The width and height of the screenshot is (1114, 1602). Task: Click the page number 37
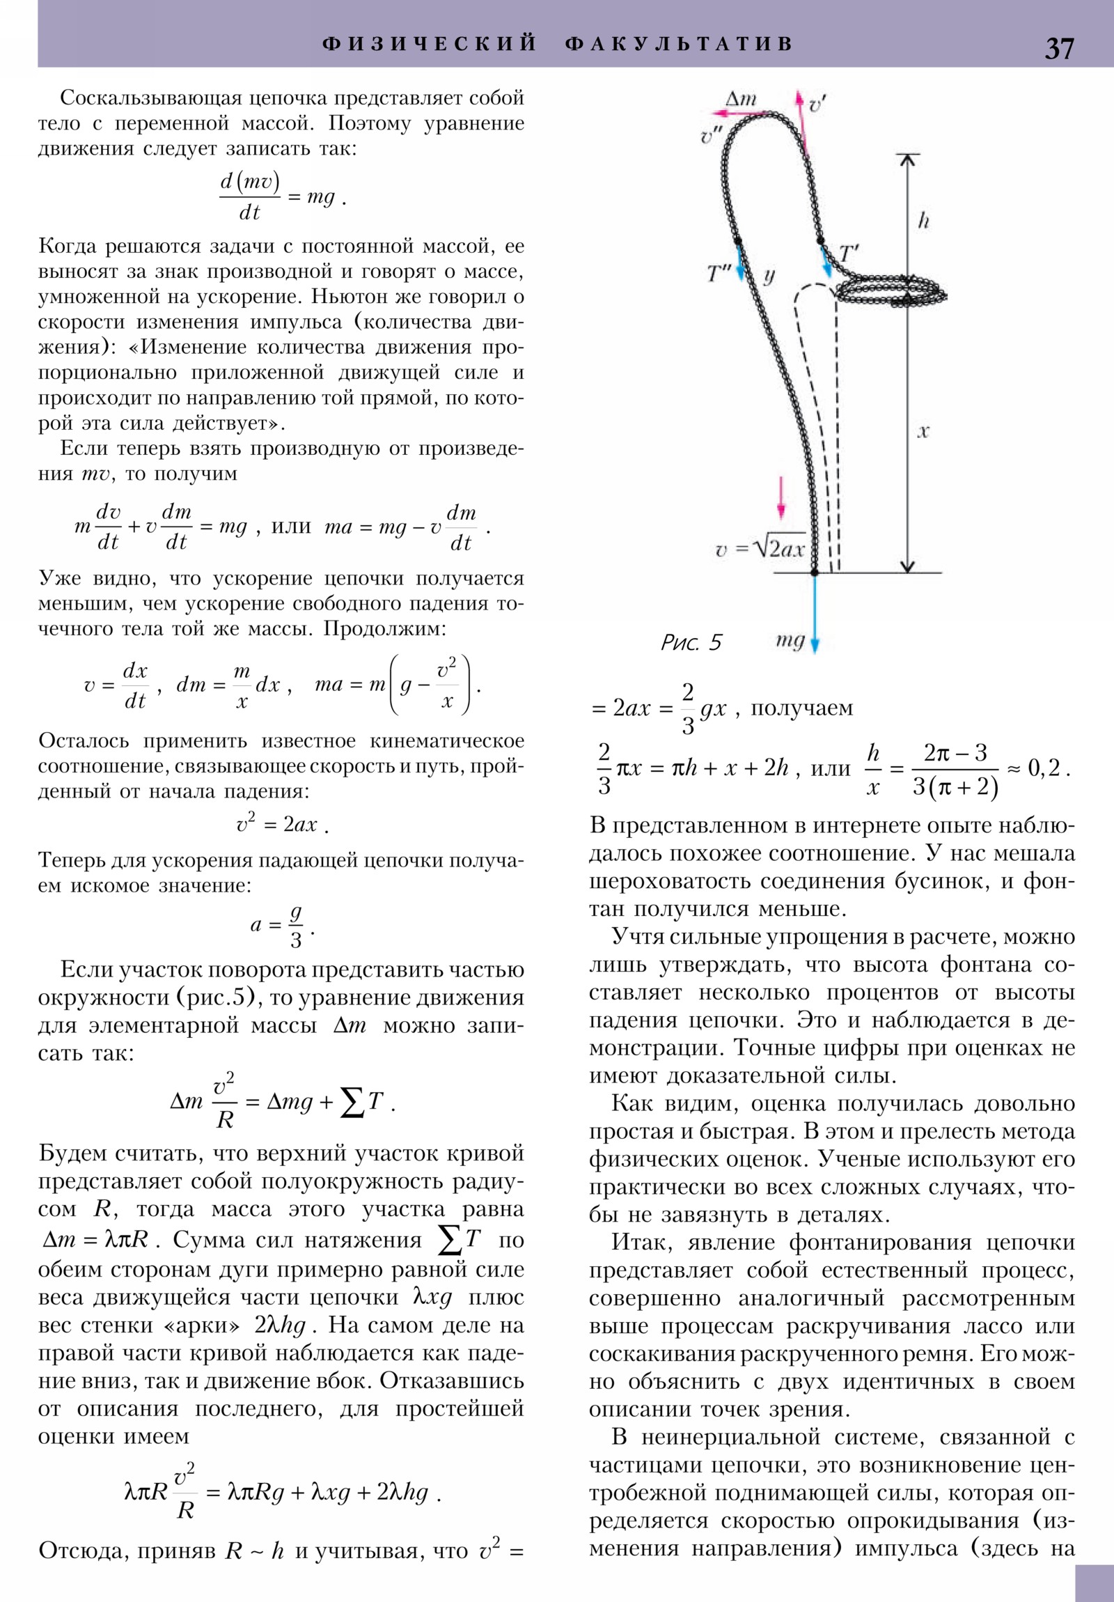pyautogui.click(x=1059, y=48)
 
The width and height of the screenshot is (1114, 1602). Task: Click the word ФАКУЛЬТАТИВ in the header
pyautogui.click(x=680, y=44)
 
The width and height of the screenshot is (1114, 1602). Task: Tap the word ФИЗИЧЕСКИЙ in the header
pyautogui.click(x=430, y=44)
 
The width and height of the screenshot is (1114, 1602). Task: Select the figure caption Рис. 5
pyautogui.click(x=691, y=643)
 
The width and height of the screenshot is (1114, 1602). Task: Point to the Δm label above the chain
pyautogui.click(x=741, y=98)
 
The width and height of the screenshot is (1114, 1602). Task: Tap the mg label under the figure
pyautogui.click(x=790, y=641)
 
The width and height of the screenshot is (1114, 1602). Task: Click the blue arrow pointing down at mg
pyautogui.click(x=814, y=614)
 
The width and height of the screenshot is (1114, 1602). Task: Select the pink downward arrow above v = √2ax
pyautogui.click(x=781, y=497)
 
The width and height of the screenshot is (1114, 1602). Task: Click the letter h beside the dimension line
pyautogui.click(x=923, y=221)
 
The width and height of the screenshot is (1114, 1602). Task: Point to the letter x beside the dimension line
pyautogui.click(x=923, y=432)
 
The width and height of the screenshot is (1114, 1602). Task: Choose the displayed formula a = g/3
pyautogui.click(x=282, y=926)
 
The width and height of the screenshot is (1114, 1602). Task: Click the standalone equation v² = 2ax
pyautogui.click(x=282, y=824)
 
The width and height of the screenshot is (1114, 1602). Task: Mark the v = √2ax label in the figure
pyautogui.click(x=760, y=549)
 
